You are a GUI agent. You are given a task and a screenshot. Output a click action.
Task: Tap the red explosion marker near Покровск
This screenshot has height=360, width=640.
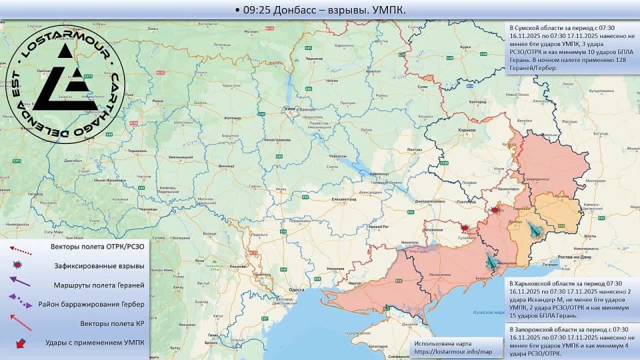(x=495, y=210)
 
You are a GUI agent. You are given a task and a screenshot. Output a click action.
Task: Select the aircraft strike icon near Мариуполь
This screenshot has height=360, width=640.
(x=491, y=261)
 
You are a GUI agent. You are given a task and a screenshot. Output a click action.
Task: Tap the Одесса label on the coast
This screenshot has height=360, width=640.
(x=297, y=290)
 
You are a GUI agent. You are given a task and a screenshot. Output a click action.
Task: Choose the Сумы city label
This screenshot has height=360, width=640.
(x=422, y=87)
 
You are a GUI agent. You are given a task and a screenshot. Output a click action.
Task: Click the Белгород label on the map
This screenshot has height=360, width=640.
(x=477, y=101)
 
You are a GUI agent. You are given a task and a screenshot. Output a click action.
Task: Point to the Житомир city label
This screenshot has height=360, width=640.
(x=232, y=117)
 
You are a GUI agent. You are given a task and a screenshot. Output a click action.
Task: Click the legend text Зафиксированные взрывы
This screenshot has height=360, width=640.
(x=99, y=266)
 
